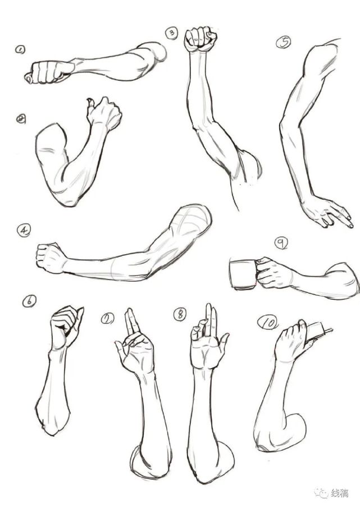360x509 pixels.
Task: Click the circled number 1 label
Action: [x=20, y=50]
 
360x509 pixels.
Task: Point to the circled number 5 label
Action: [x=284, y=42]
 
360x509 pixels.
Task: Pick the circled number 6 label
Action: [x=29, y=301]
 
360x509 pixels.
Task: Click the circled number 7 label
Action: [x=107, y=318]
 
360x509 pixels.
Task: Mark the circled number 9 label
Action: [x=281, y=243]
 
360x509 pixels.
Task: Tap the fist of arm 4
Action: [x=51, y=258]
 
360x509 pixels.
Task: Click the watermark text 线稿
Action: [x=339, y=493]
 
